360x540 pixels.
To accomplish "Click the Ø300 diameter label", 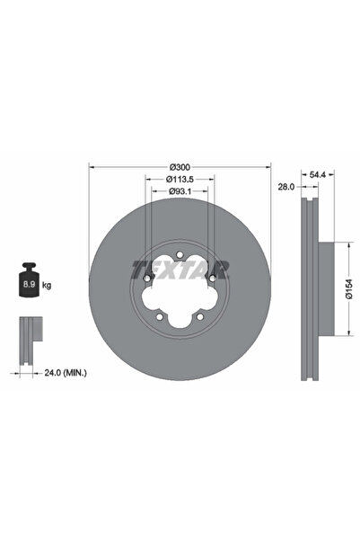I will click(x=179, y=167).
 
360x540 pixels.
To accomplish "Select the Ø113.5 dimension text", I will click(x=180, y=179).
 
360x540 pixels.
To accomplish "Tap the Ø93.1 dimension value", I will click(x=180, y=191).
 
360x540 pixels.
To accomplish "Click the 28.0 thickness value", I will click(x=285, y=186).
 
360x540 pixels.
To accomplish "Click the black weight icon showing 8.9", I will click(x=29, y=284).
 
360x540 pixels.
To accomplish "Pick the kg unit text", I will click(x=47, y=286).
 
